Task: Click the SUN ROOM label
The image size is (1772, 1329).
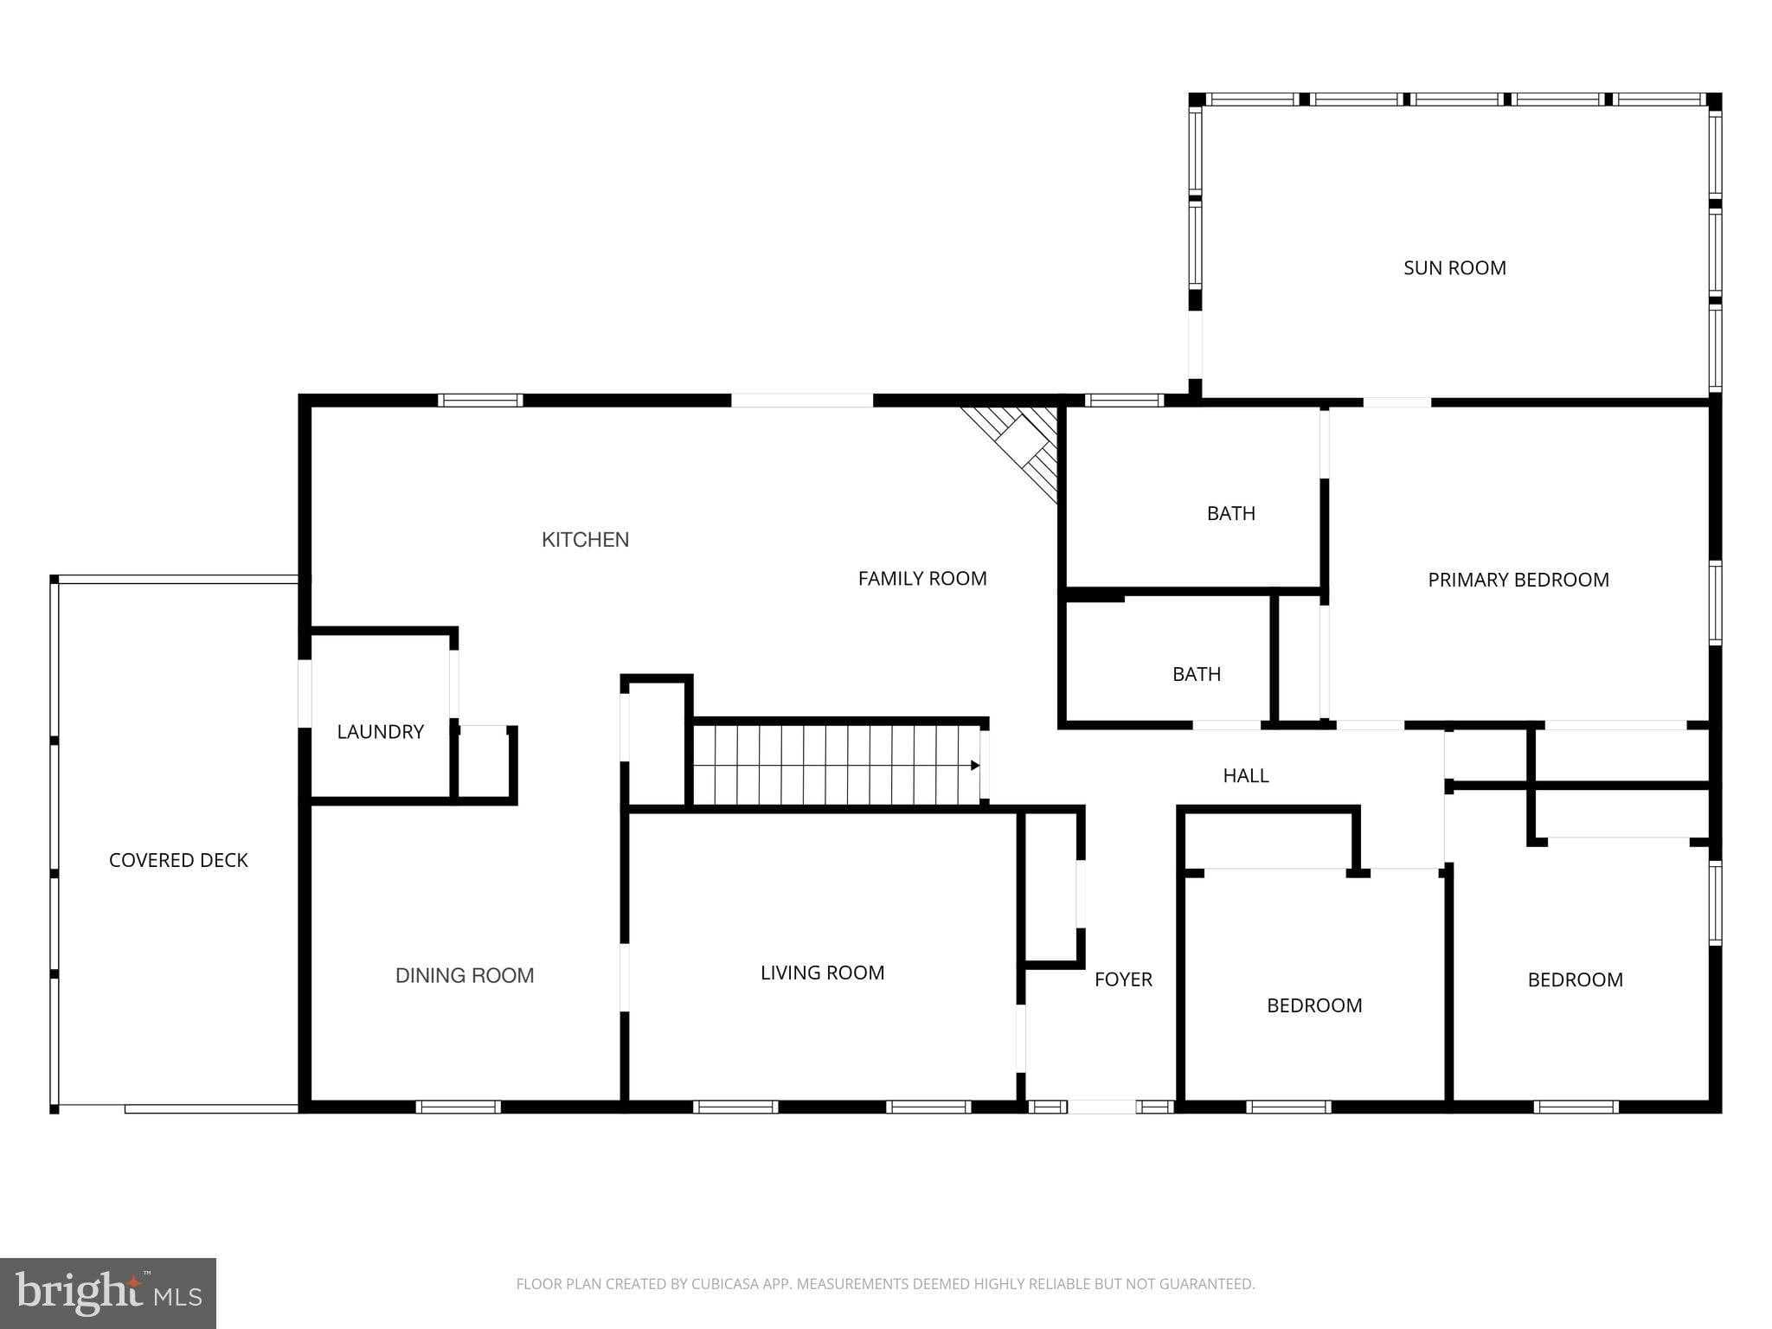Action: (1454, 268)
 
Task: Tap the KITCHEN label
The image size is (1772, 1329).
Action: (585, 540)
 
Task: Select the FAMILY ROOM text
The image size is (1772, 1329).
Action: (922, 579)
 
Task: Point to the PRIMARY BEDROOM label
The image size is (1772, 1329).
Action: (1518, 581)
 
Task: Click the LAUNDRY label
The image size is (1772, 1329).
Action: (380, 732)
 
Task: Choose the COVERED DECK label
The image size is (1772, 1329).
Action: (178, 860)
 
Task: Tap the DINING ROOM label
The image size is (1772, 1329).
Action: (465, 976)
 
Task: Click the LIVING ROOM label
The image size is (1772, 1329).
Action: (822, 973)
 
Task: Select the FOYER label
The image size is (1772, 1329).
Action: (1123, 979)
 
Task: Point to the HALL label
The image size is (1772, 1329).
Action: (1246, 776)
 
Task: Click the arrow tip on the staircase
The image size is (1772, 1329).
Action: (975, 765)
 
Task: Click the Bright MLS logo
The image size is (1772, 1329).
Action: (108, 1293)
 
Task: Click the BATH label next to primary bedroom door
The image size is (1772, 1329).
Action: (1230, 514)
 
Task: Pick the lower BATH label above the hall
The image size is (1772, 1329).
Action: (1197, 674)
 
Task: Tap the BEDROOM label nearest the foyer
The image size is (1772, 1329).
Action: (1314, 1005)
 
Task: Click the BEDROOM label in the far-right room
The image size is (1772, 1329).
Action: (1575, 980)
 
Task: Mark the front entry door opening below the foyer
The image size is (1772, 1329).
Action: (1101, 1107)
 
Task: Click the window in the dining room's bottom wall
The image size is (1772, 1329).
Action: (459, 1107)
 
